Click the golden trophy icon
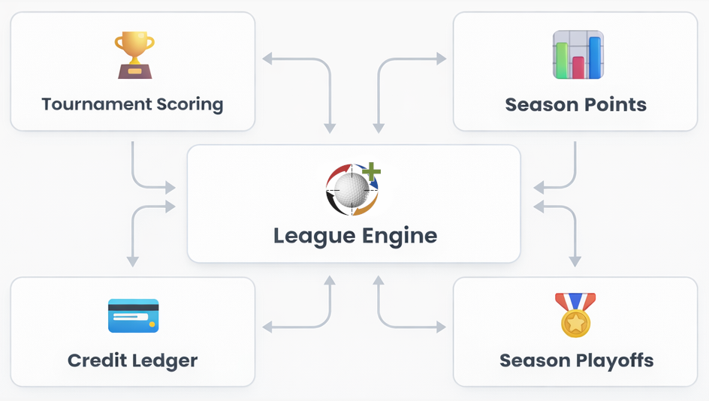click(x=134, y=55)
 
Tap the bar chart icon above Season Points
click(x=578, y=55)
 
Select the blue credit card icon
click(x=134, y=315)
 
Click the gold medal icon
click(x=575, y=315)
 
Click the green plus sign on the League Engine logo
click(x=371, y=171)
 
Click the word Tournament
click(x=96, y=104)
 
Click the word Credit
click(x=97, y=360)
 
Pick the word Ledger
click(x=165, y=361)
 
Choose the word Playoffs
click(x=615, y=360)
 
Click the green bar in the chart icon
click(x=562, y=61)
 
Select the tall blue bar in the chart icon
click(x=595, y=57)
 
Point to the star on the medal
click(x=575, y=323)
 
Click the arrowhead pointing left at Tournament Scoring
click(x=267, y=59)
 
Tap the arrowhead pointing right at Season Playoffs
click(x=442, y=327)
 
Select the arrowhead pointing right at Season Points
click(x=442, y=59)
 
